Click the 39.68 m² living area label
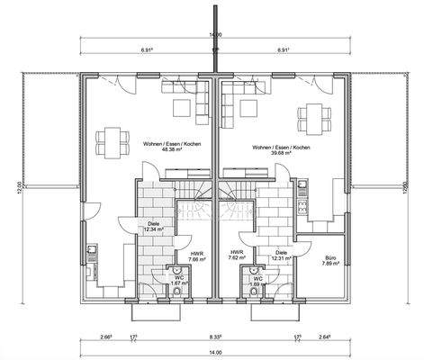tap(281, 146)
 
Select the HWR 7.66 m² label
tap(194, 256)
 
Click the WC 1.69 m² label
tap(257, 282)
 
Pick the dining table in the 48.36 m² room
tap(115, 139)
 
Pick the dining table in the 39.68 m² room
tap(317, 116)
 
